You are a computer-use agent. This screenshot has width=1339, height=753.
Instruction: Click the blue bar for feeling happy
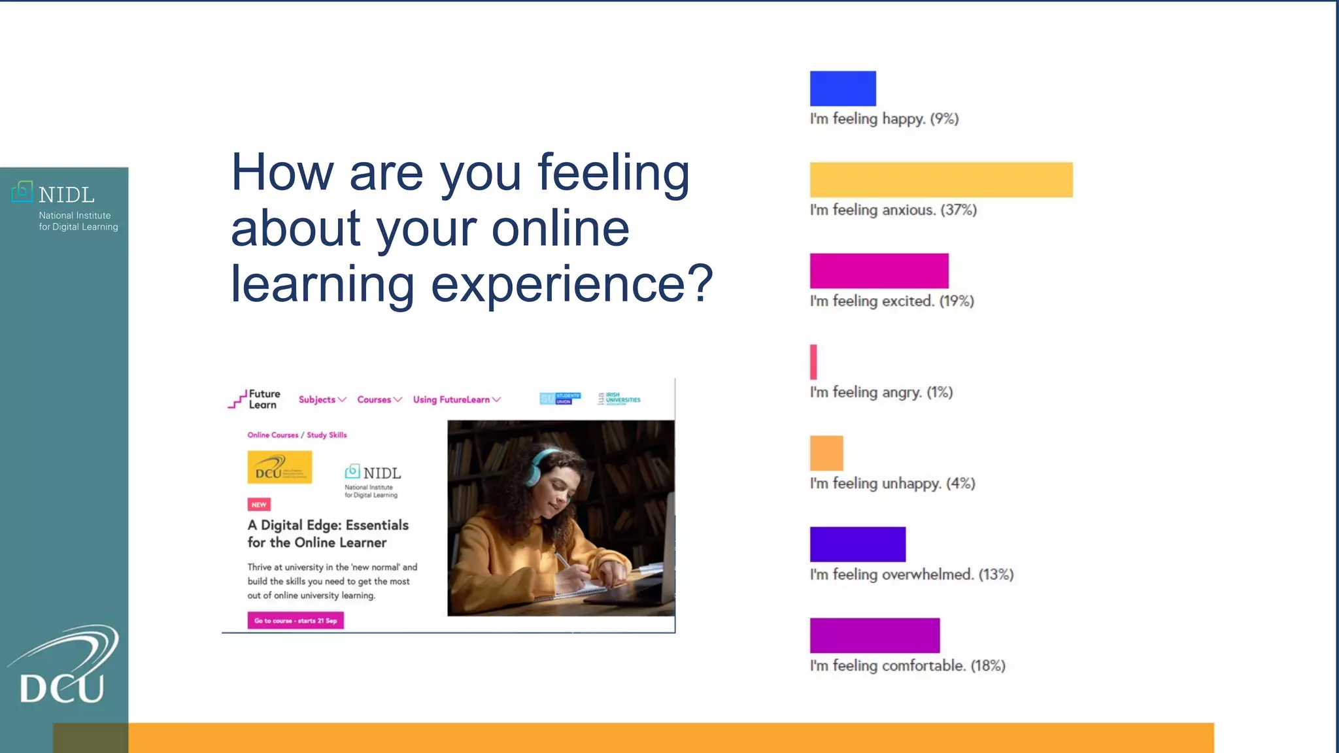(843, 88)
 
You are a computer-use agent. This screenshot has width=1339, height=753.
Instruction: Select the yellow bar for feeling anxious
(941, 180)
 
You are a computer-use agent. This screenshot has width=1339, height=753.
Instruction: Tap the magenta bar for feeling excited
(879, 271)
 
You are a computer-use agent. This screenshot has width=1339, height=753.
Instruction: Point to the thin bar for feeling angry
(813, 361)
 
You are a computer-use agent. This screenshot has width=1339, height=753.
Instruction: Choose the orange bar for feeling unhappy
(826, 453)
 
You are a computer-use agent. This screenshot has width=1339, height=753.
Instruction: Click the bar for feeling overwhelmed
(857, 544)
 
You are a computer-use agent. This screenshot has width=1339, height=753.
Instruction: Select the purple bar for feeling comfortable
(874, 635)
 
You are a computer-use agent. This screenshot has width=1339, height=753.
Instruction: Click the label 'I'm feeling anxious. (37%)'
(892, 210)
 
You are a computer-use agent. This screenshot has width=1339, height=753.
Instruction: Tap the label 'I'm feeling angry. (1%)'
(881, 392)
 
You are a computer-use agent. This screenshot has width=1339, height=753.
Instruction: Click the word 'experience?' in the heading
(571, 284)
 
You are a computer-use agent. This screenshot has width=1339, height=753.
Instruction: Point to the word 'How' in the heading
(282, 173)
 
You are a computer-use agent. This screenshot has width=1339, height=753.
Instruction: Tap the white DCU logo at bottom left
(63, 667)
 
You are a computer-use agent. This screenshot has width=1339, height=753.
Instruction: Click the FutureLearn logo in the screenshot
(254, 399)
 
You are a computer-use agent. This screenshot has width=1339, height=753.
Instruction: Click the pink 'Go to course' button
(296, 620)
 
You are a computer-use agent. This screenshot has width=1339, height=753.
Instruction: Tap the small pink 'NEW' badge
(259, 505)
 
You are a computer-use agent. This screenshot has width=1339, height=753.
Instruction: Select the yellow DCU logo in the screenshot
(279, 467)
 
